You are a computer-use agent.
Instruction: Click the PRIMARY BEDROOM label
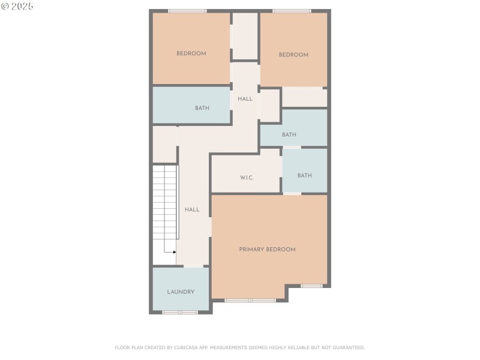tap(267, 249)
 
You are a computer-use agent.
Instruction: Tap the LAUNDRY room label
tap(181, 292)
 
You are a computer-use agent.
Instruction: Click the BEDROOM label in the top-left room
tap(191, 53)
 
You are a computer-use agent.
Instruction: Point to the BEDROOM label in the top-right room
tap(293, 55)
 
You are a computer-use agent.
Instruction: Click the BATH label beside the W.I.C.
tap(305, 175)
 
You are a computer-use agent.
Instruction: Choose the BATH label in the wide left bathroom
tap(202, 108)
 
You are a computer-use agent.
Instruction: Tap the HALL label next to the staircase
tap(192, 209)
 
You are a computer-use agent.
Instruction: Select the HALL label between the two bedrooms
tap(245, 98)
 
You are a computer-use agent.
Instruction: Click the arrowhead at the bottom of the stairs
tap(174, 252)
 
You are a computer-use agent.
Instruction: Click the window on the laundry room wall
tap(180, 312)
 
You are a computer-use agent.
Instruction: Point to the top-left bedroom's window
tap(187, 11)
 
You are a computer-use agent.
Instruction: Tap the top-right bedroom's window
tap(292, 11)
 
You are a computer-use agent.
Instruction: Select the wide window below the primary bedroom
tap(250, 300)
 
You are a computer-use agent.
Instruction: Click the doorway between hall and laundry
tap(193, 266)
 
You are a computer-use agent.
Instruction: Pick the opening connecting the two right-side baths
tap(292, 147)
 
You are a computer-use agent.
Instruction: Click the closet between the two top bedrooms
tap(245, 36)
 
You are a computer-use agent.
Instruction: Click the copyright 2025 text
tap(17, 6)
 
